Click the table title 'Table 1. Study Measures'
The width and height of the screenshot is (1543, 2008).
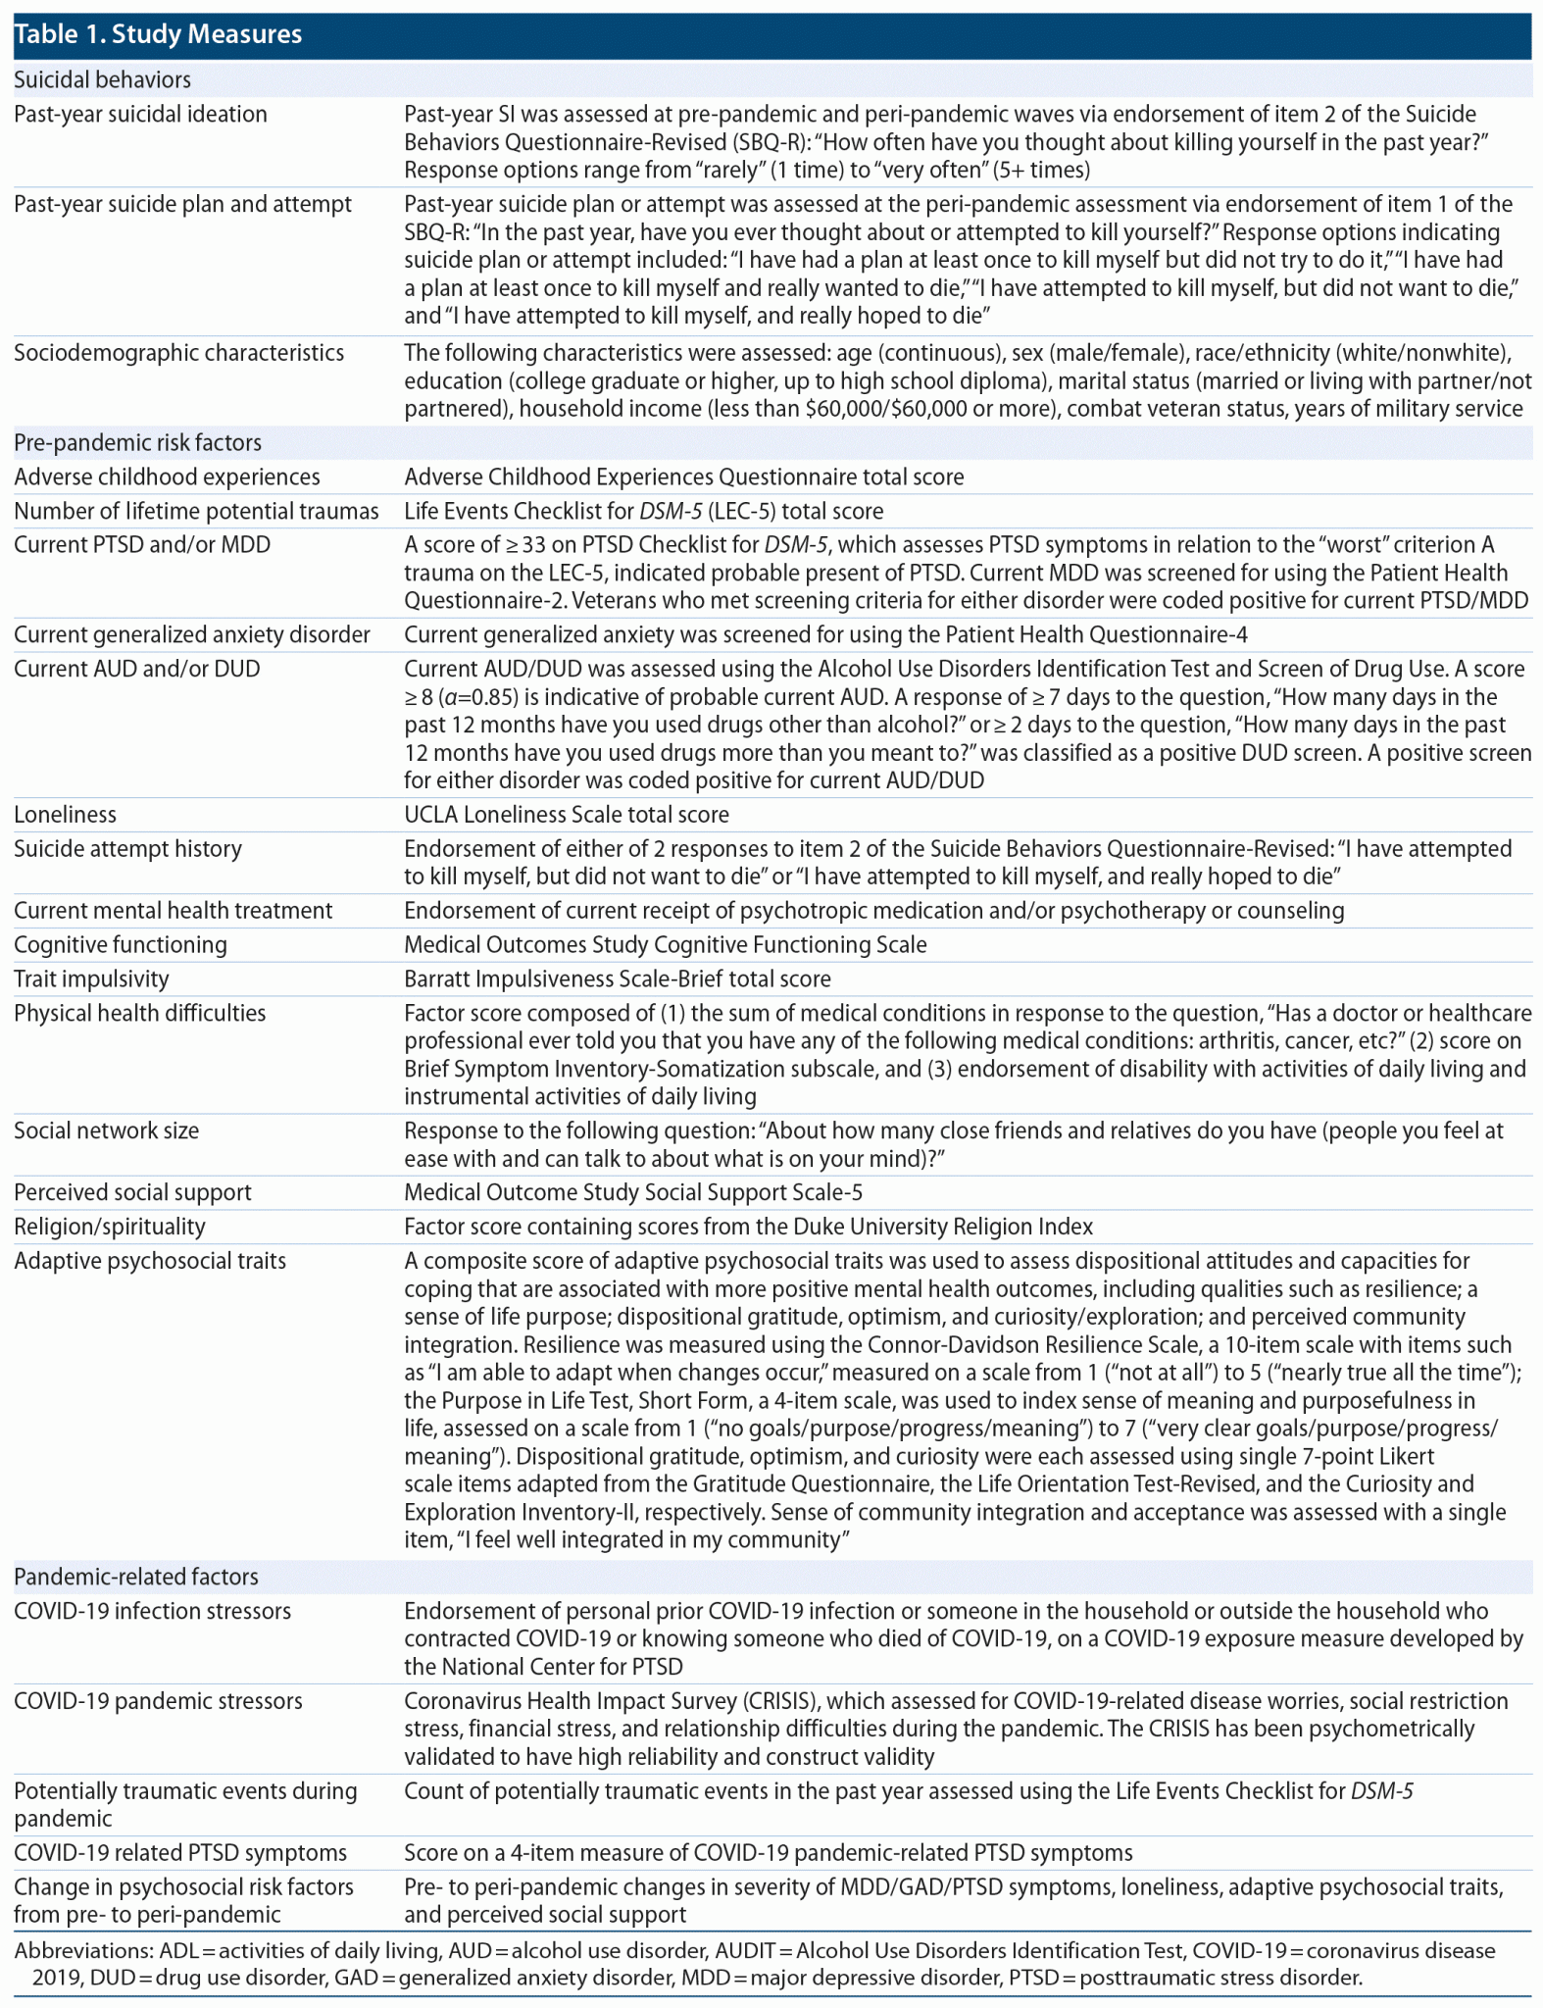tap(158, 34)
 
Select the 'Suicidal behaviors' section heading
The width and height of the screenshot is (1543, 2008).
tap(102, 79)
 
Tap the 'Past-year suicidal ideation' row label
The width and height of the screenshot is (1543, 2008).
tap(140, 114)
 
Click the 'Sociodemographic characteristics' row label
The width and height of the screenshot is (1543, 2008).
tap(178, 352)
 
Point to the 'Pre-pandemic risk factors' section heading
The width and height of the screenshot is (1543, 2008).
tap(137, 442)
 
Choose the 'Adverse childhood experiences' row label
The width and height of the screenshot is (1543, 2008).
tap(167, 477)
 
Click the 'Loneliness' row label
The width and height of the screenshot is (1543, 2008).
tap(65, 814)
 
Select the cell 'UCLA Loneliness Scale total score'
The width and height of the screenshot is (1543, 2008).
tap(567, 814)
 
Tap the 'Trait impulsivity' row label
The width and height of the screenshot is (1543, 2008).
tap(91, 979)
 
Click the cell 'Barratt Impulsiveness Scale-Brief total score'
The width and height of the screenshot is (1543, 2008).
tap(618, 979)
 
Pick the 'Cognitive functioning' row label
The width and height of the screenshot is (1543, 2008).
tap(121, 944)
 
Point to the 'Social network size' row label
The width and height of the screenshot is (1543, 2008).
tap(106, 1130)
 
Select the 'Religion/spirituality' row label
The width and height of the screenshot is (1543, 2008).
tap(110, 1227)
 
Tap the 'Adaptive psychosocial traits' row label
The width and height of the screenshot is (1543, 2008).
tap(150, 1260)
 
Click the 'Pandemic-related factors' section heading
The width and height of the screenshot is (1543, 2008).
tap(136, 1577)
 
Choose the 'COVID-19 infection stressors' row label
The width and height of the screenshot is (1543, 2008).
tap(152, 1611)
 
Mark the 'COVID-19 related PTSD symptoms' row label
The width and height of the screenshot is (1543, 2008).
tap(180, 1852)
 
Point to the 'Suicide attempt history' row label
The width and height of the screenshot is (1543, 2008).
tap(127, 848)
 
